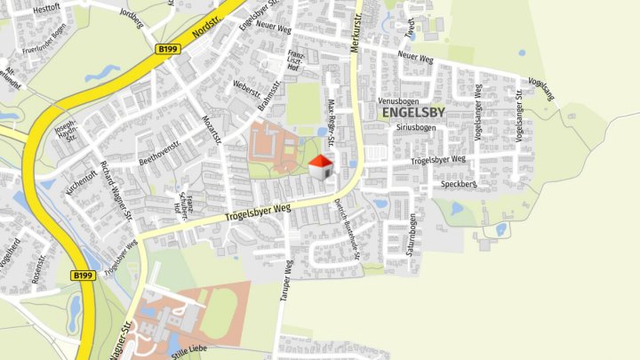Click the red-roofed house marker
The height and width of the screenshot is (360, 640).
[x=322, y=166]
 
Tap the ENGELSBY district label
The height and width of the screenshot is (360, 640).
[x=413, y=113]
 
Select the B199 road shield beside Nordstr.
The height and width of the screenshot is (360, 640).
[x=166, y=50]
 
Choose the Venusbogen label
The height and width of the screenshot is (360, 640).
[x=397, y=101]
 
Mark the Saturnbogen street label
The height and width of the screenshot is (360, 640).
[x=412, y=234]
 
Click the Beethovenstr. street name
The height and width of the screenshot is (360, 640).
[x=160, y=151]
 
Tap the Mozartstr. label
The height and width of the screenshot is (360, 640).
[x=212, y=129]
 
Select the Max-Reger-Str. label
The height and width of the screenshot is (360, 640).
[x=332, y=124]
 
